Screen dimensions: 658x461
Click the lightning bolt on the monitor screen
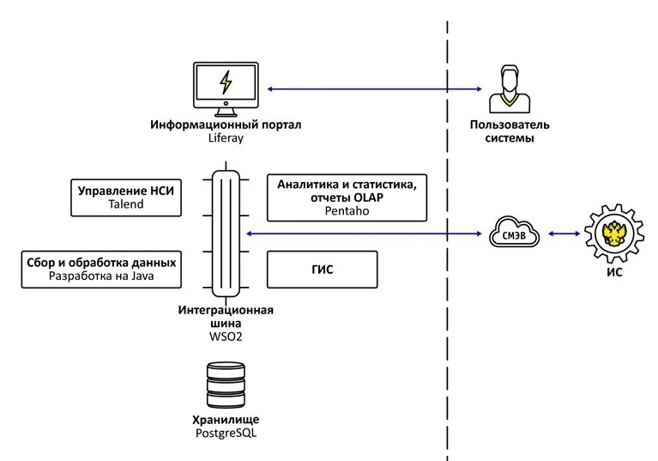click(x=226, y=82)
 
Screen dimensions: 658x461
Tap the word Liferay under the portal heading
click(x=226, y=137)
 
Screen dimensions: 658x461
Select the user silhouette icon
click(x=510, y=88)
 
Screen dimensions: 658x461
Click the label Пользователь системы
click(x=510, y=131)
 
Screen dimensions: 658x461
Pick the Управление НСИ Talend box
click(x=126, y=197)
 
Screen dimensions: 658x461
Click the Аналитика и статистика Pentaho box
click(x=347, y=197)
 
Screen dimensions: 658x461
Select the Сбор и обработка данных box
click(x=101, y=270)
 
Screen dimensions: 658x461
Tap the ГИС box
click(x=323, y=270)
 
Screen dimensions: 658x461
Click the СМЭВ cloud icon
click(x=514, y=232)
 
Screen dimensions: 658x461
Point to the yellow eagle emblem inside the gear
click(x=614, y=234)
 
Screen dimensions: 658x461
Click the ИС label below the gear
click(x=614, y=272)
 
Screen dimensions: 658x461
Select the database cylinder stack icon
click(x=226, y=385)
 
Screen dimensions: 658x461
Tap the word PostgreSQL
click(x=226, y=433)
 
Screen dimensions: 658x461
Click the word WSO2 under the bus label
click(x=226, y=337)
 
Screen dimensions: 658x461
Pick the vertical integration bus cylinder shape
click(x=226, y=234)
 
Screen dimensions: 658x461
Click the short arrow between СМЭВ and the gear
click(x=564, y=234)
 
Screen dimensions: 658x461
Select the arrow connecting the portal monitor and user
click(x=375, y=89)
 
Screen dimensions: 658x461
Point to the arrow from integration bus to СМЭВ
click(x=364, y=234)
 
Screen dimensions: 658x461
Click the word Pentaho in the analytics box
click(x=347, y=210)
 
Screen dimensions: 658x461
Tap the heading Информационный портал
click(x=226, y=124)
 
